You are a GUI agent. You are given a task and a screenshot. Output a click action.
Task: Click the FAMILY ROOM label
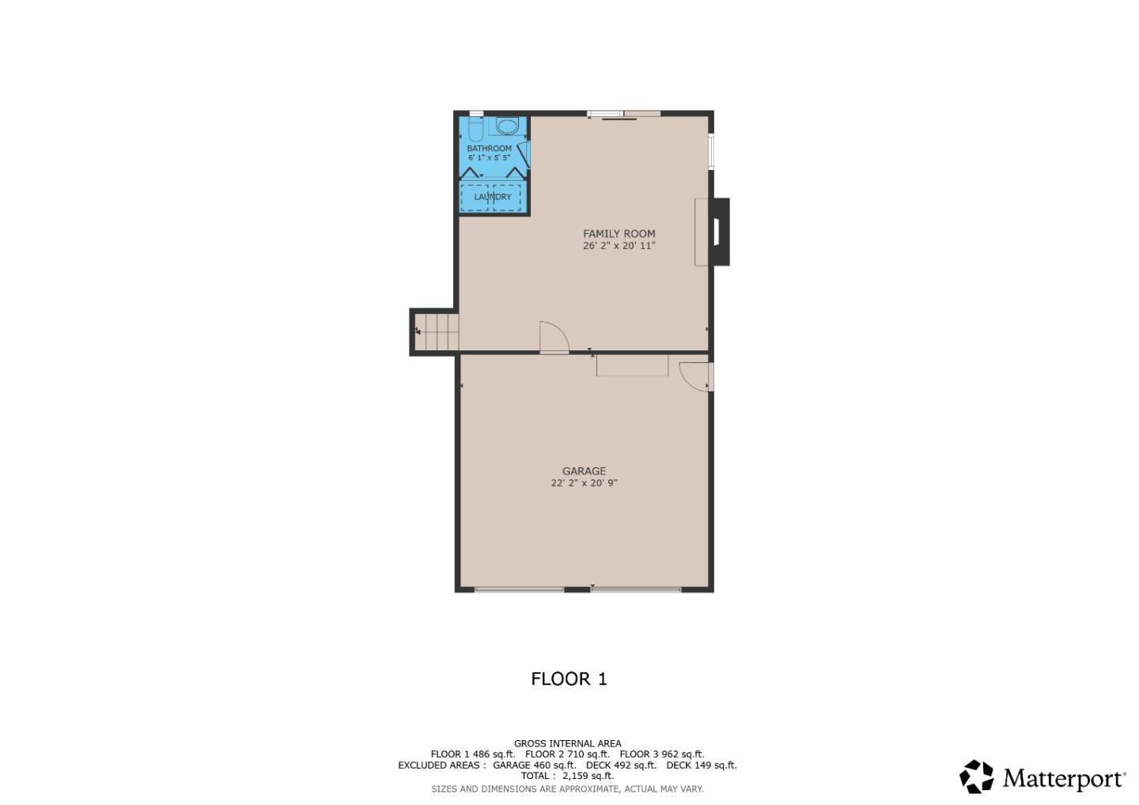click(619, 233)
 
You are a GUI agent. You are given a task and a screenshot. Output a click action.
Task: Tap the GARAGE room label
click(584, 471)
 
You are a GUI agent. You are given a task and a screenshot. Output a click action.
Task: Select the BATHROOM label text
click(489, 148)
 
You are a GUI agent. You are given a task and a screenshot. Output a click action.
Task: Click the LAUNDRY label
click(493, 197)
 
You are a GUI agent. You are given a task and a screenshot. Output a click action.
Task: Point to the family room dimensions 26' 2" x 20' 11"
click(619, 246)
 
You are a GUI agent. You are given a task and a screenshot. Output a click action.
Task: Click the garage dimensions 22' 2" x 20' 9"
click(584, 483)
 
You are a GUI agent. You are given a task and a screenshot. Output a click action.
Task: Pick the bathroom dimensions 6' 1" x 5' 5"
click(489, 158)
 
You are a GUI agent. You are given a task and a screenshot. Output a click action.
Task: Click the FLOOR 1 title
click(569, 678)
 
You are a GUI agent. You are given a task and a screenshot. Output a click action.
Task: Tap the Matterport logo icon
click(976, 777)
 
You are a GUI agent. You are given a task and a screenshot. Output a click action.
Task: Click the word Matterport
click(1062, 779)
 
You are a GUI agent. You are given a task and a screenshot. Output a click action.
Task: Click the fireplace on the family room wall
click(717, 232)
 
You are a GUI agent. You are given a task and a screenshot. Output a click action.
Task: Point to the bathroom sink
click(507, 126)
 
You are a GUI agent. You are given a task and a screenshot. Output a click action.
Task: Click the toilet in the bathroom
click(475, 129)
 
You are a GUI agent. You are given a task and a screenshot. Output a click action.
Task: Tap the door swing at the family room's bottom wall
click(553, 338)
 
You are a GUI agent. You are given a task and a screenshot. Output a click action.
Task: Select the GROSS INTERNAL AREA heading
click(567, 743)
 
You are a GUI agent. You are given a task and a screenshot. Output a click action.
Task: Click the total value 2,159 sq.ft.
click(588, 776)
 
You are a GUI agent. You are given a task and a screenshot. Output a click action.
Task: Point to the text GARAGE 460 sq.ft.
click(534, 765)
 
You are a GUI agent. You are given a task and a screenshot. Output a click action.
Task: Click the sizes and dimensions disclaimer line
click(567, 788)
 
